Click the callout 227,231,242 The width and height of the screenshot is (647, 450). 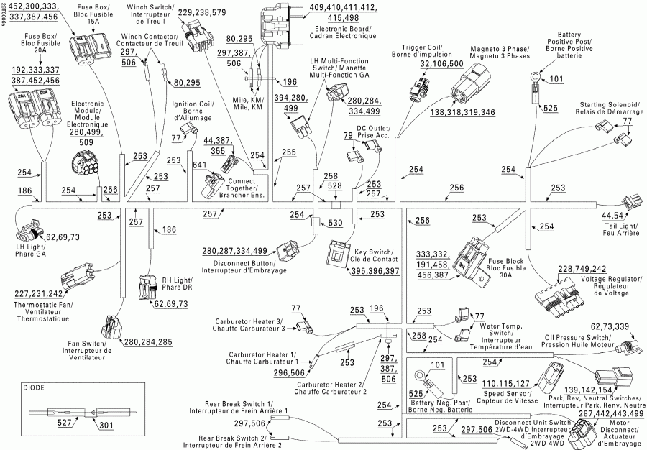point(37,293)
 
